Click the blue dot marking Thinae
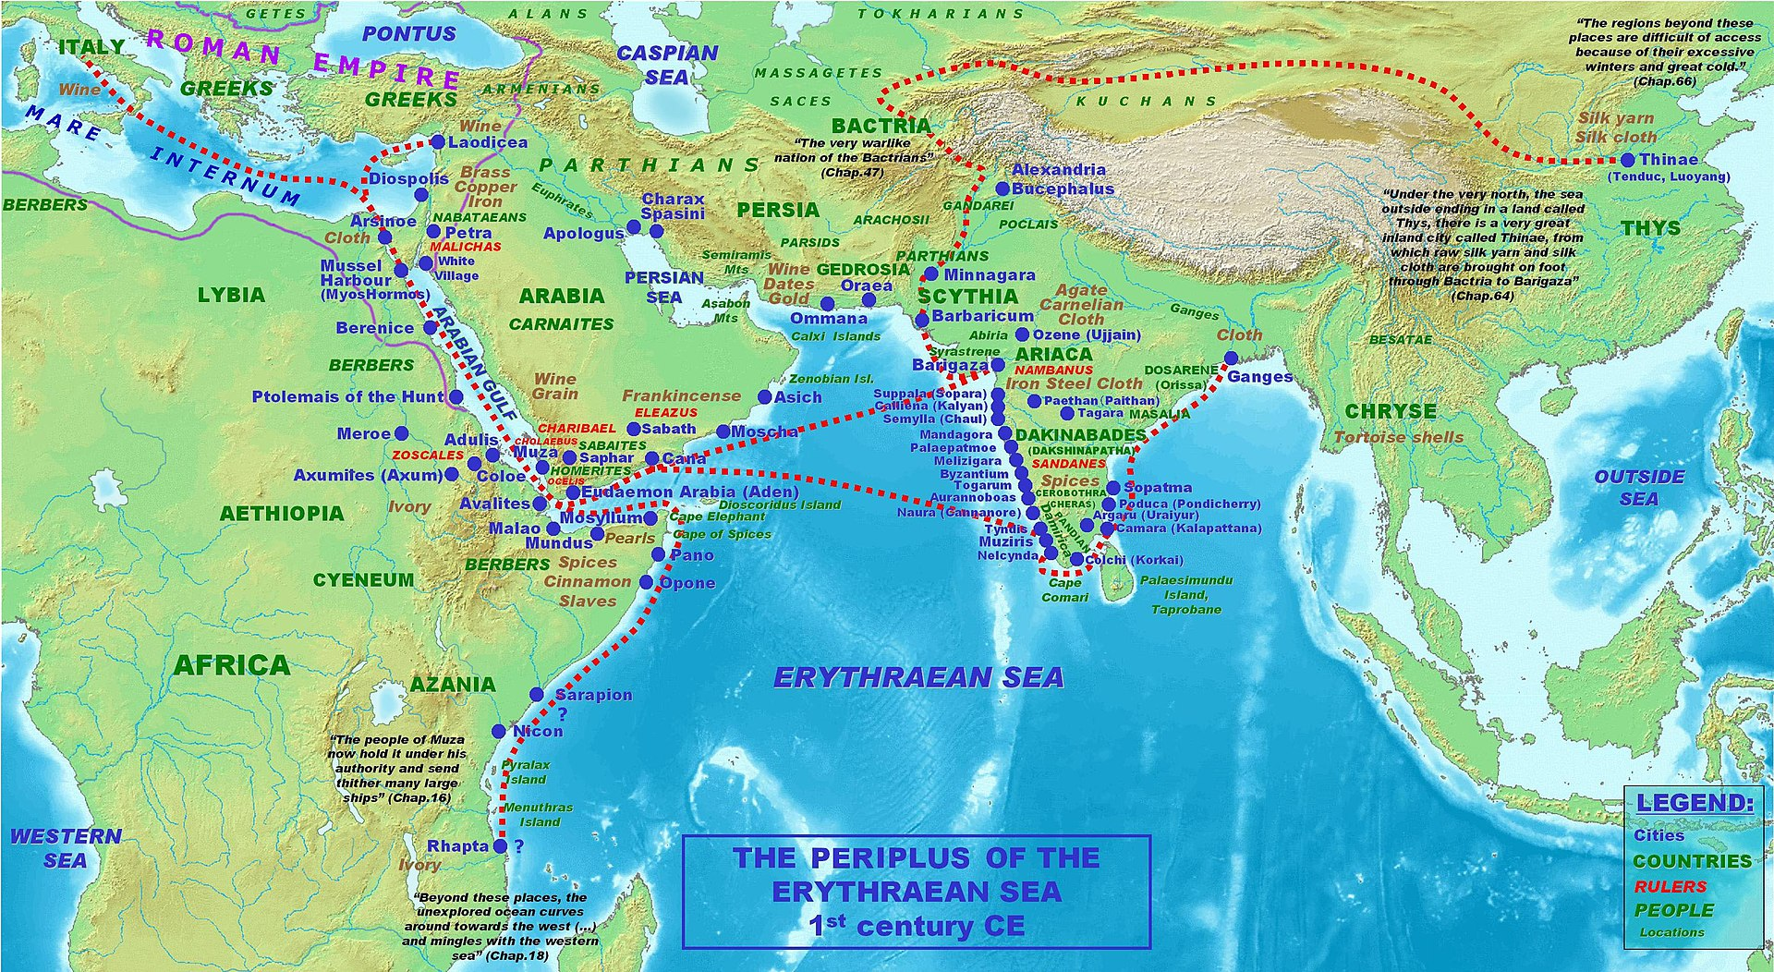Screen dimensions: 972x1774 (x=1627, y=160)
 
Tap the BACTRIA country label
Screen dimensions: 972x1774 (x=881, y=126)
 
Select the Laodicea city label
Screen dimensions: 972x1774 (x=488, y=142)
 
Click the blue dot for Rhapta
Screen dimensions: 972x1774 (x=501, y=845)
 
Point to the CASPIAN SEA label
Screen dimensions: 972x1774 (x=667, y=65)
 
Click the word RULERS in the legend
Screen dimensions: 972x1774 (x=1671, y=886)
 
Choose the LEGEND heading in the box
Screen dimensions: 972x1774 (x=1695, y=803)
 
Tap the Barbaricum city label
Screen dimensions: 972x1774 (x=982, y=316)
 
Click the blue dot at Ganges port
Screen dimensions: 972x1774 (x=1231, y=358)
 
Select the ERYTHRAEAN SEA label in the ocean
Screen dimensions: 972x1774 (x=918, y=678)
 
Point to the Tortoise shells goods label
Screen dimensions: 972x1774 (x=1398, y=437)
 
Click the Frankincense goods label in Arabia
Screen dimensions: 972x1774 (x=681, y=395)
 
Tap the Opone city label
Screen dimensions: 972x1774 (x=687, y=583)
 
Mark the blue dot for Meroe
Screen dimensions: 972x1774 (x=401, y=433)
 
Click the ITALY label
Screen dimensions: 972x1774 (x=91, y=46)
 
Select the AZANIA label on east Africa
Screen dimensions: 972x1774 (x=453, y=685)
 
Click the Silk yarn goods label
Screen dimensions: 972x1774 (x=1615, y=118)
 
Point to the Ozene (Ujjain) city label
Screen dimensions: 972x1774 (x=1087, y=334)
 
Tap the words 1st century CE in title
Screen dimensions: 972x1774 (x=916, y=926)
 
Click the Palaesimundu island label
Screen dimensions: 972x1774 (x=1185, y=580)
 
